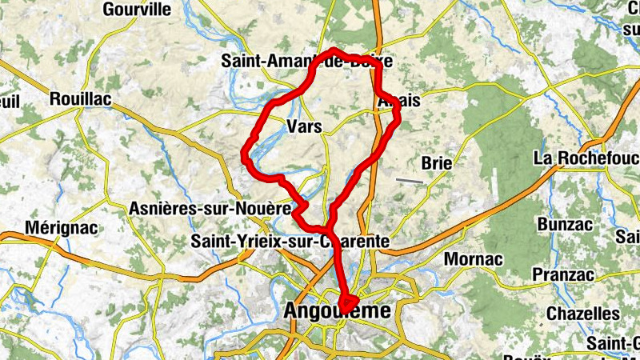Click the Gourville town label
[138, 10]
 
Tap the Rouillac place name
[80, 99]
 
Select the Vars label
[304, 126]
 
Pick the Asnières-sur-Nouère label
[209, 209]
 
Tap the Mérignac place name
[62, 228]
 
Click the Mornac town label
[473, 259]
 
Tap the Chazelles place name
[582, 314]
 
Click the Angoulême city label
[338, 310]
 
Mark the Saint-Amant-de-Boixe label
[306, 61]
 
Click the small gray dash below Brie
[410, 181]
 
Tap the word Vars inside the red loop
[304, 126]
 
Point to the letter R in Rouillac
[54, 99]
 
